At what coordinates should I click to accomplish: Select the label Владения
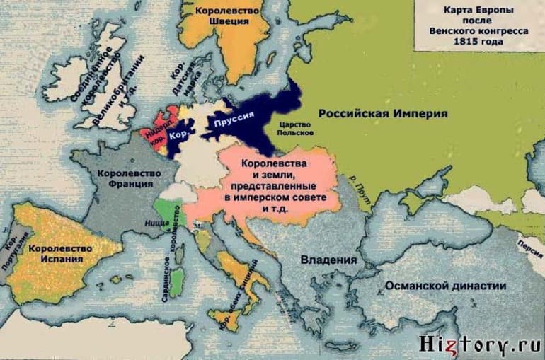pos(328,260)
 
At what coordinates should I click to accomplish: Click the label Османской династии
pos(445,286)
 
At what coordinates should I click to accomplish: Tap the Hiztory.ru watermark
pos(483,345)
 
